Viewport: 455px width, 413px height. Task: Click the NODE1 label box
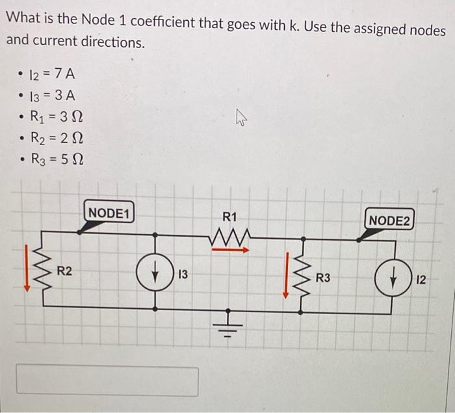(110, 213)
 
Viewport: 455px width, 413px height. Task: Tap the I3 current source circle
(155, 274)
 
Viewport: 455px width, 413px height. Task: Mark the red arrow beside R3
(285, 276)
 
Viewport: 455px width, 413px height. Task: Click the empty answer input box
(107, 380)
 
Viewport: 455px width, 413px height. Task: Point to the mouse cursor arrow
(242, 119)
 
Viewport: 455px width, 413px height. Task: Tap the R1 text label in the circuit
(230, 217)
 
